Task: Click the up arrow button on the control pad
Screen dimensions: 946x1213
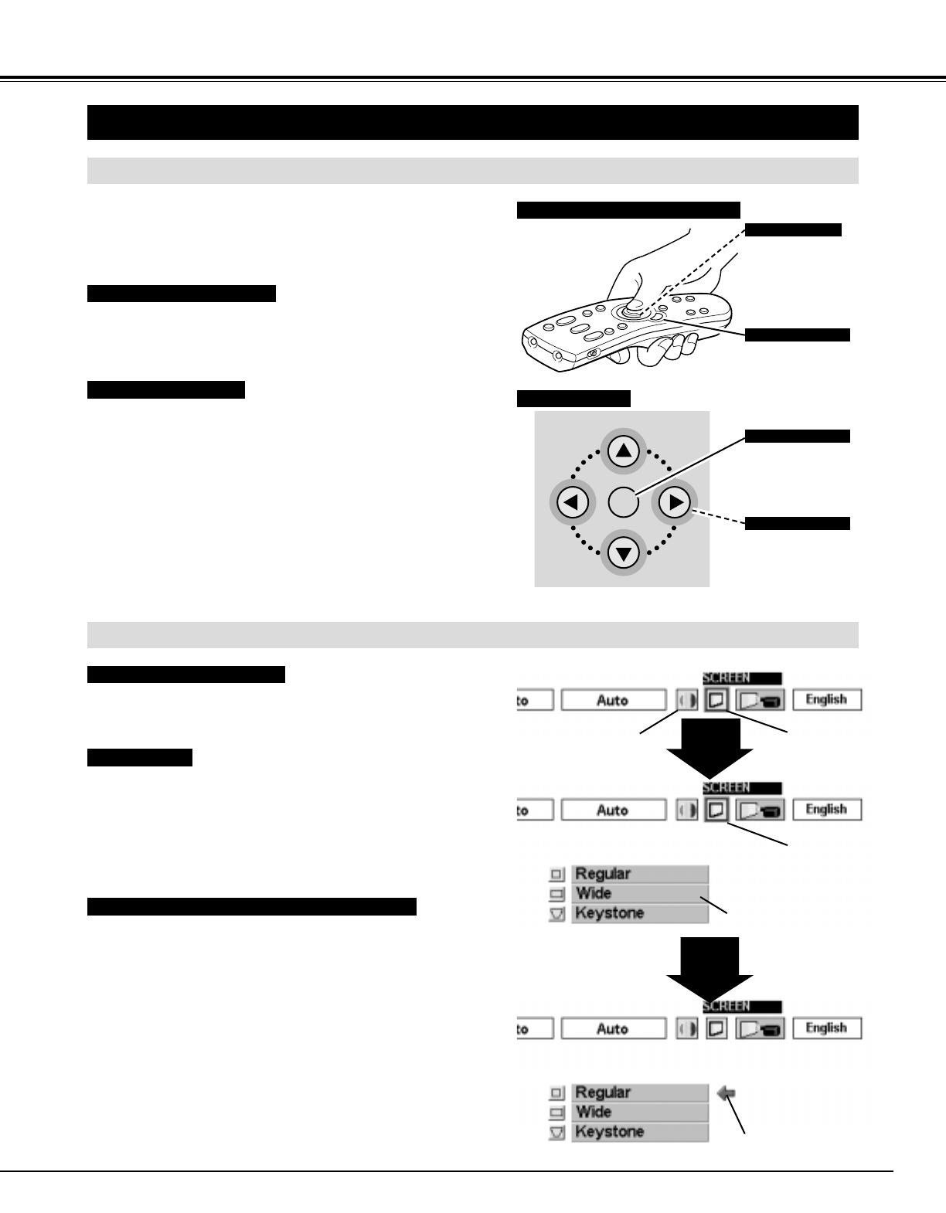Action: (624, 451)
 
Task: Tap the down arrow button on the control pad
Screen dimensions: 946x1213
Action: (624, 552)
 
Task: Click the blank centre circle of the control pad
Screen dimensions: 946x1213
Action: (623, 502)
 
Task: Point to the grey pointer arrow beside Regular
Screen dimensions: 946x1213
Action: (727, 1093)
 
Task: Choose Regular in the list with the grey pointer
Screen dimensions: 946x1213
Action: (639, 1092)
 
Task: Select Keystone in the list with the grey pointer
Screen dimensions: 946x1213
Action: (639, 1132)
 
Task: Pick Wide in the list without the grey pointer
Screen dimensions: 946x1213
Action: (639, 893)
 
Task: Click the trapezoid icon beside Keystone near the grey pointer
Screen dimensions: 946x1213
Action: (556, 1133)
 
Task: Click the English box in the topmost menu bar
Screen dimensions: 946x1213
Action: (827, 700)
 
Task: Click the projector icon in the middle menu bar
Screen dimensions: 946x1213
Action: (760, 810)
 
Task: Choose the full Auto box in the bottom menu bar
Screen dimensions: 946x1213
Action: (612, 1029)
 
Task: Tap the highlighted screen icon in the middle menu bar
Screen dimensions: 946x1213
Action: (716, 810)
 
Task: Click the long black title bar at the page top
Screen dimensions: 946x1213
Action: (473, 122)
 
